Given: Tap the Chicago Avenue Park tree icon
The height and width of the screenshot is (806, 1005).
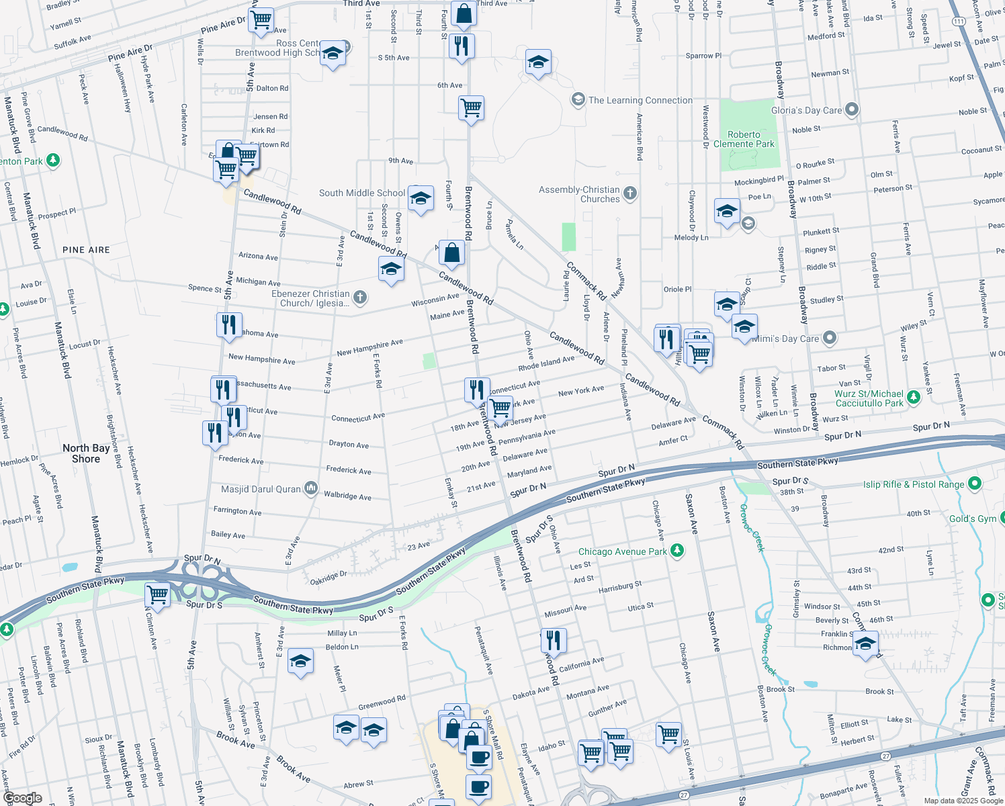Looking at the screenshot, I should coord(678,551).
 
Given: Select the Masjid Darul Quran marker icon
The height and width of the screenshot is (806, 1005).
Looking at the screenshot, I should coord(310,488).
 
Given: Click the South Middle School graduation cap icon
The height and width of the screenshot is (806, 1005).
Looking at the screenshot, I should coord(421,199).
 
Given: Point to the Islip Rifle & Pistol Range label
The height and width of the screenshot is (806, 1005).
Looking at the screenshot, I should coord(913,484).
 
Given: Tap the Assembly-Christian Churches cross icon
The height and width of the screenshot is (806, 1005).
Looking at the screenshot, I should coord(629,193).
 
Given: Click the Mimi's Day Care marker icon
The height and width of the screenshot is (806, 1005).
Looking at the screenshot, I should coord(830,338).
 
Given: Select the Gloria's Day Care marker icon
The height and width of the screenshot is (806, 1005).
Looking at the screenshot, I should coord(852,109).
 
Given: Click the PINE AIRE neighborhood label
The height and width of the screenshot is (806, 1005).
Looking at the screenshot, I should coord(86,250).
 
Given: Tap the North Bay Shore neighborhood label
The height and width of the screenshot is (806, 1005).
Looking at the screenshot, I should coord(86,453).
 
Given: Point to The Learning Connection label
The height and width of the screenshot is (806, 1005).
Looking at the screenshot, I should coord(640,100).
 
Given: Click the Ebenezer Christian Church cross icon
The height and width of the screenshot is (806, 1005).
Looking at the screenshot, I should coord(360,298).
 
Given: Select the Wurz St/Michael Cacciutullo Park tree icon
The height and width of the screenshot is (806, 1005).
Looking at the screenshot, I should coord(913,398).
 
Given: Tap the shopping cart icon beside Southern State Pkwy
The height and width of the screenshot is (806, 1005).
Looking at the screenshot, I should coord(157,594).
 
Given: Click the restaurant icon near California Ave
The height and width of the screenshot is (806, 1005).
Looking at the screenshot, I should coord(554,640).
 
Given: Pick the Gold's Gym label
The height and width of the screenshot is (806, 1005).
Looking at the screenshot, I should coord(972,519).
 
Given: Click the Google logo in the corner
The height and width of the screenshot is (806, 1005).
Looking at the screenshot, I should coord(22,798).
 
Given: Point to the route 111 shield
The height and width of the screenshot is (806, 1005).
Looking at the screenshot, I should coord(959,21).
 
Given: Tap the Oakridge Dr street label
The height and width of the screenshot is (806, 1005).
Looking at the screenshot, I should coord(329,577).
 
